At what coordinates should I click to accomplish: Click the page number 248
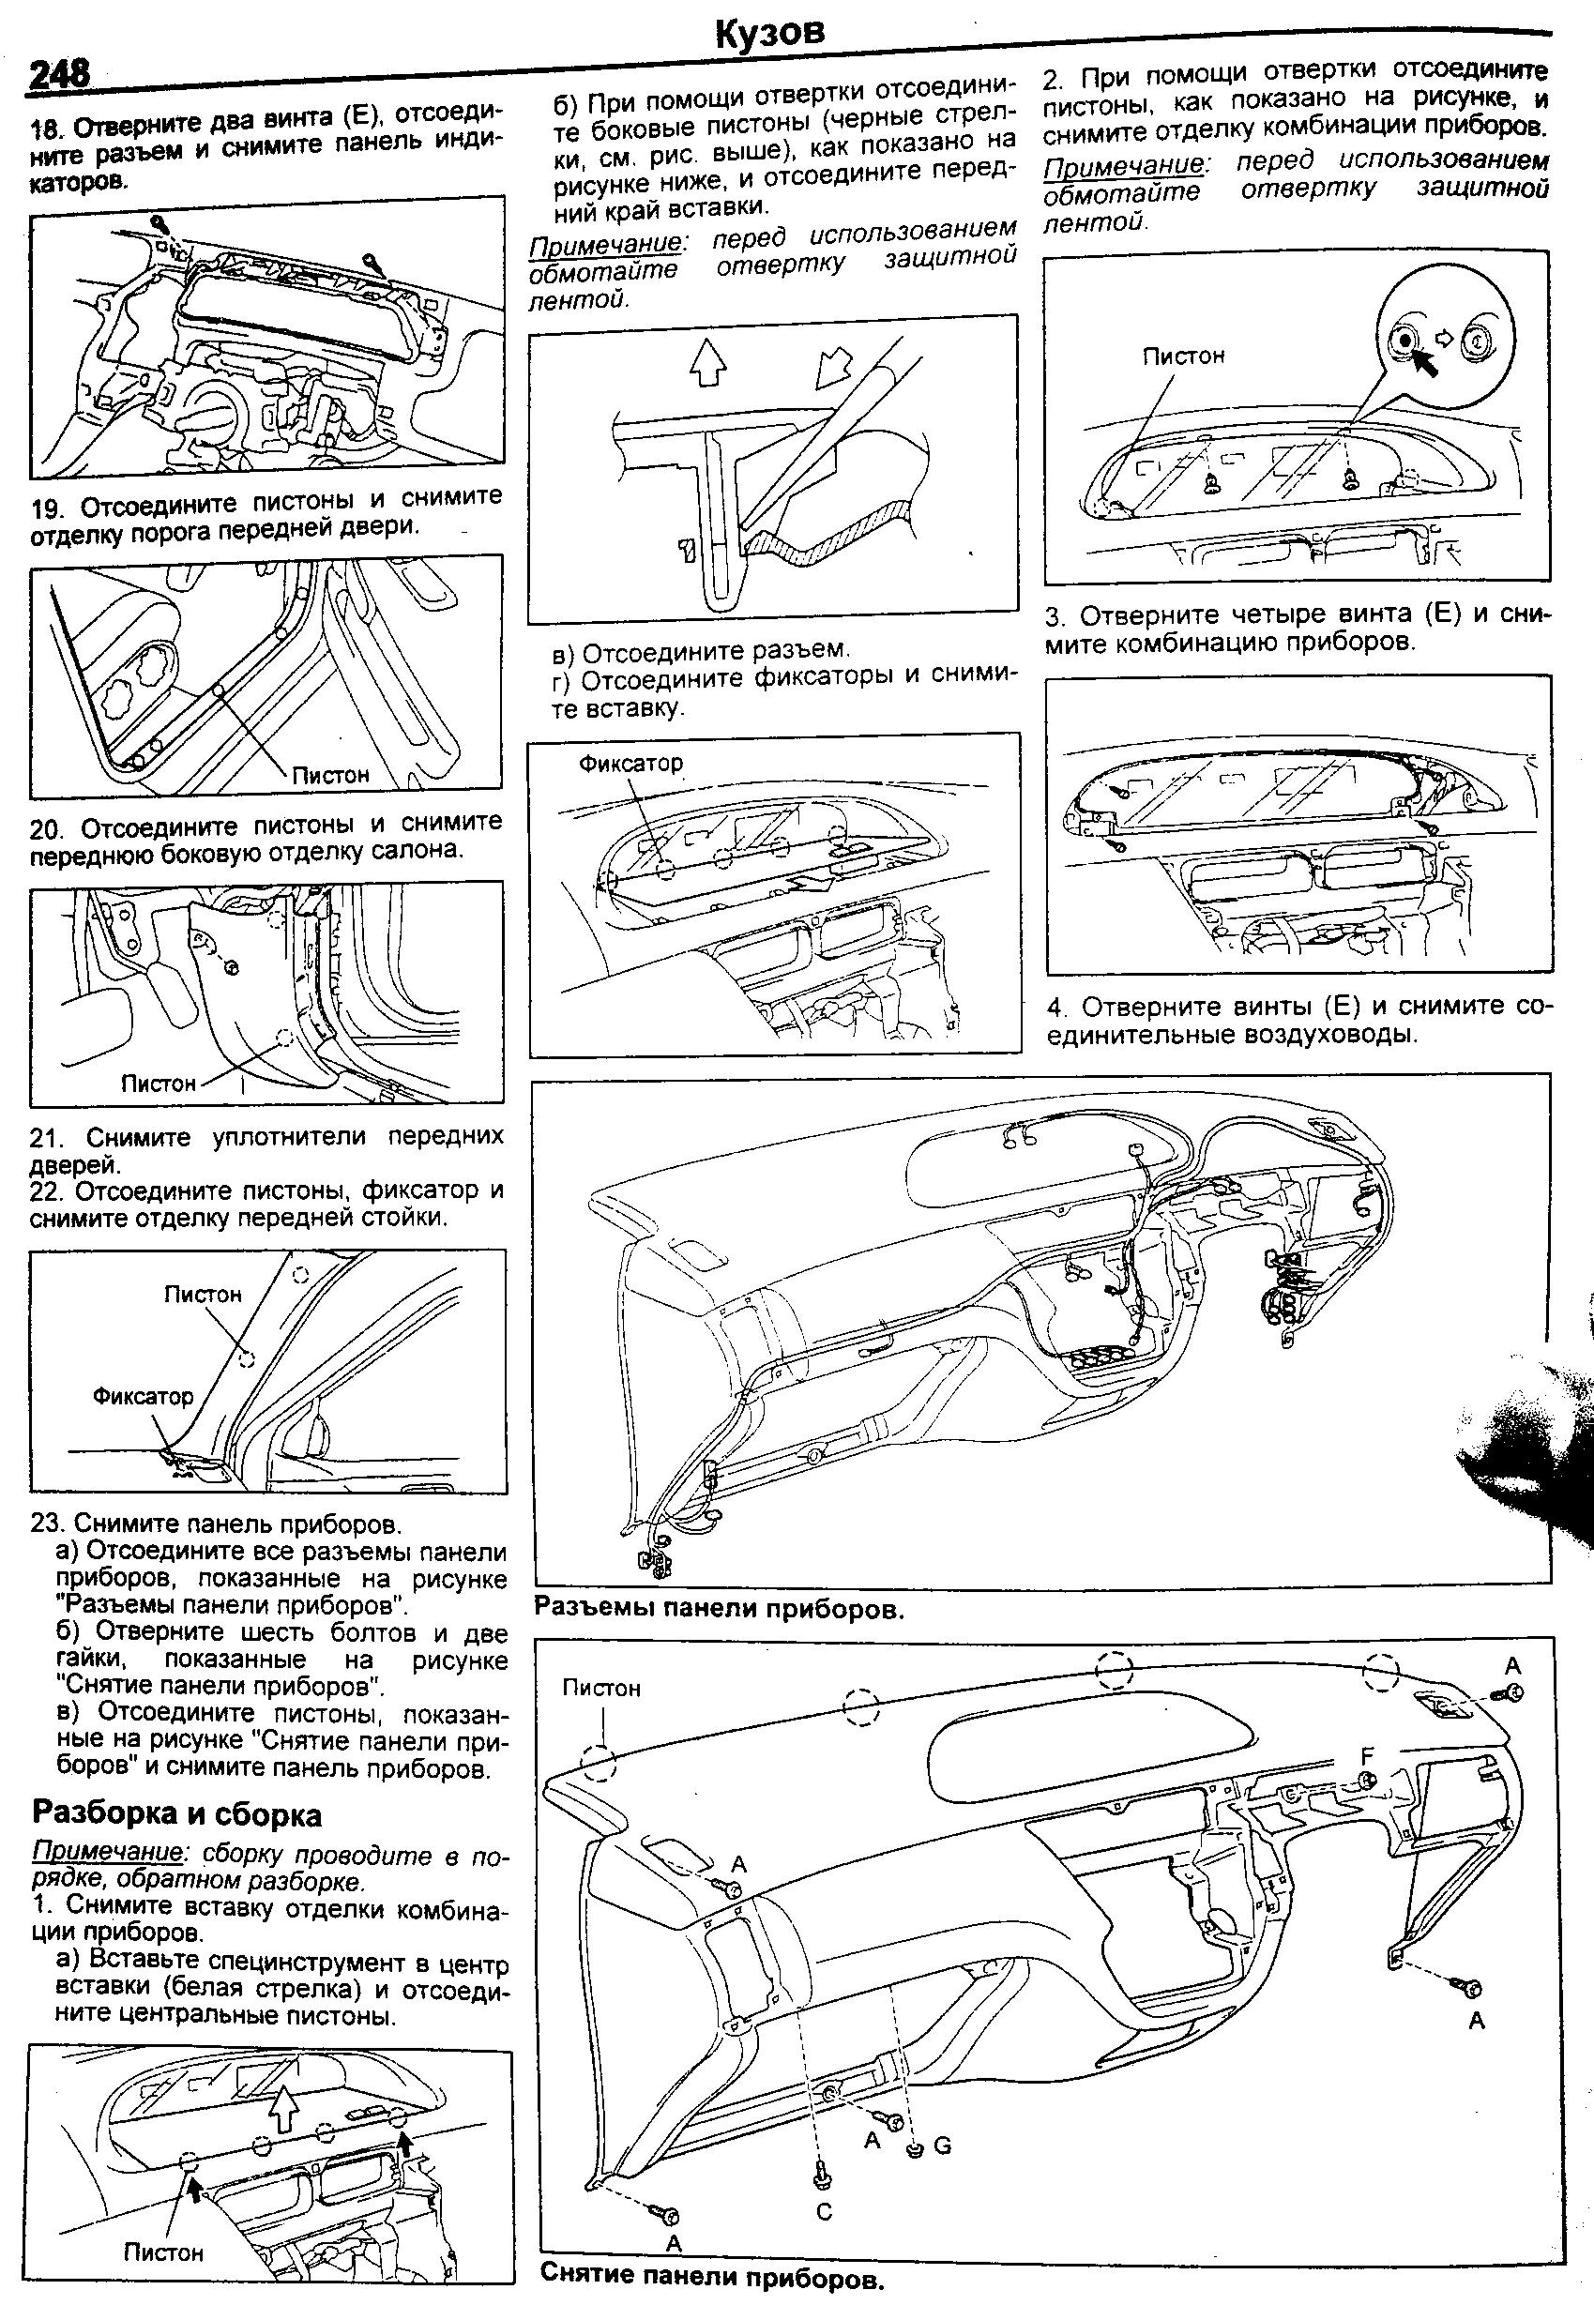pyautogui.click(x=60, y=72)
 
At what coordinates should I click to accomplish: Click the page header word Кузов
pyautogui.click(x=770, y=33)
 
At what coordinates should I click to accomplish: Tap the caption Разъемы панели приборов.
pyautogui.click(x=719, y=1609)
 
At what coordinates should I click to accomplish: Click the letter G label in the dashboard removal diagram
pyautogui.click(x=943, y=2145)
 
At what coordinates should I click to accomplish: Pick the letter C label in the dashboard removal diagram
pyautogui.click(x=824, y=2212)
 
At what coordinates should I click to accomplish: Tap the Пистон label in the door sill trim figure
pyautogui.click(x=330, y=774)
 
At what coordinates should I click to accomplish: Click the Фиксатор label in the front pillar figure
pyautogui.click(x=143, y=1396)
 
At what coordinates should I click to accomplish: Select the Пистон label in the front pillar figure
pyautogui.click(x=203, y=1295)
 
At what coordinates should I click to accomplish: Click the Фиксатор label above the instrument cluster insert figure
pyautogui.click(x=631, y=763)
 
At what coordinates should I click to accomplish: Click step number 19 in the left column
pyautogui.click(x=47, y=508)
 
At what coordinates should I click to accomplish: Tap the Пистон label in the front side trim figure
pyautogui.click(x=157, y=1084)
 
